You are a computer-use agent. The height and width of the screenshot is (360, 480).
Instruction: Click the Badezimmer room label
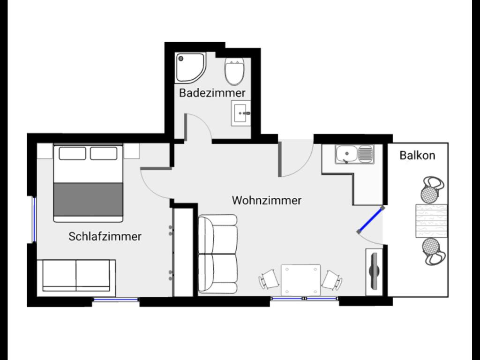(212, 93)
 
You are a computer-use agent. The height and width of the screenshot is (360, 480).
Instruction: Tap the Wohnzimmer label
(267, 201)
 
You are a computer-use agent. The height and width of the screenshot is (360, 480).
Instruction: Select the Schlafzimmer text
(105, 236)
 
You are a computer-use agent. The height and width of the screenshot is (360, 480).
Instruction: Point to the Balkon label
(417, 156)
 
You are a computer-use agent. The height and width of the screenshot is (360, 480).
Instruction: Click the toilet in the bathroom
(234, 71)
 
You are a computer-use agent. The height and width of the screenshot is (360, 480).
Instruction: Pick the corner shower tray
(190, 67)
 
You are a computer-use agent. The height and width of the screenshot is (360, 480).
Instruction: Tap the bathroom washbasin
(240, 113)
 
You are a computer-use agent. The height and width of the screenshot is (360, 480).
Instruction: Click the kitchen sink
(354, 154)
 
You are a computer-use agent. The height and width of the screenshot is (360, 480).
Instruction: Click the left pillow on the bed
(72, 153)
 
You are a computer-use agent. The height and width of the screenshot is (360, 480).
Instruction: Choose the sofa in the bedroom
(76, 276)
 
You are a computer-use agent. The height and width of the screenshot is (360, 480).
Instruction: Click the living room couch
(217, 254)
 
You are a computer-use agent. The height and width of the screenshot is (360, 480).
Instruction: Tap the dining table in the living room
(300, 279)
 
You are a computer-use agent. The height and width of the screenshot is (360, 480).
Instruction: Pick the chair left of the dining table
(269, 279)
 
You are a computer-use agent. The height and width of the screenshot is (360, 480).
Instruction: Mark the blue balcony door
(371, 220)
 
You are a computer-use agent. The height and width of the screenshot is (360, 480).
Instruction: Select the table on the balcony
(431, 221)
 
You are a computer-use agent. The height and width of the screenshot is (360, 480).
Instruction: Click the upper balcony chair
(431, 189)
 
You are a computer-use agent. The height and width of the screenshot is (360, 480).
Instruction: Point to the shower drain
(181, 58)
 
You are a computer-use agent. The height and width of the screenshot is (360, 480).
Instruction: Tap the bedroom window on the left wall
(34, 219)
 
